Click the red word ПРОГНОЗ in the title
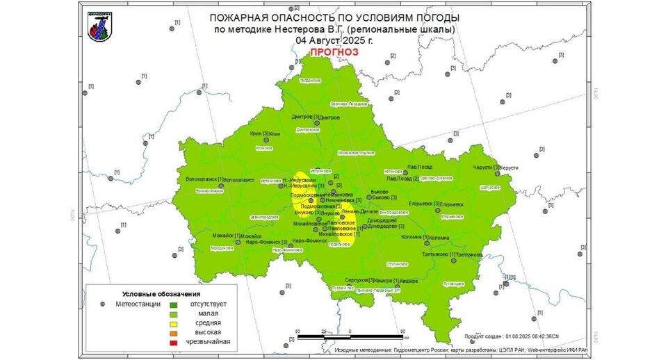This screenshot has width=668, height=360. pyautogui.click(x=334, y=52)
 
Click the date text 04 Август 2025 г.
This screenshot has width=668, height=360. pyautogui.click(x=334, y=40)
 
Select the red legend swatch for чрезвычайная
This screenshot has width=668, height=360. pyautogui.click(x=174, y=342)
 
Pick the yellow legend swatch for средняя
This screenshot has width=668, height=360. pyautogui.click(x=174, y=323)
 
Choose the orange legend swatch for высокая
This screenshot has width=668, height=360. pyautogui.click(x=174, y=333)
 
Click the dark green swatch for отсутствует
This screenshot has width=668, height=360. pyautogui.click(x=174, y=304)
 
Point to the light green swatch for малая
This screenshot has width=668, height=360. pyautogui.click(x=174, y=313)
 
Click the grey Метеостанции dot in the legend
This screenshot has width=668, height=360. pyautogui.click(x=102, y=304)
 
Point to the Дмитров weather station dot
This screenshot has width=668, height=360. pyautogui.click(x=317, y=123)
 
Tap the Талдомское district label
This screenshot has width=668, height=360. pyautogui.click(x=309, y=81)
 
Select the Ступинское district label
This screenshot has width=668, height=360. pyautogui.click(x=397, y=264)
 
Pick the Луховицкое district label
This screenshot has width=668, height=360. pyautogui.click(x=453, y=283)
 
